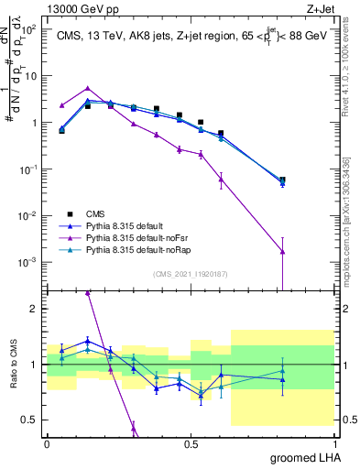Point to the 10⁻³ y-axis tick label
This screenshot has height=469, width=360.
[x=29, y=262]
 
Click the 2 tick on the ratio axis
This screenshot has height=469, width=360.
[x=35, y=309]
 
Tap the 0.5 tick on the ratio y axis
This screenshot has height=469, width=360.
[x=31, y=420]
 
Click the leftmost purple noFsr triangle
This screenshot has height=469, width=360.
[x=62, y=105]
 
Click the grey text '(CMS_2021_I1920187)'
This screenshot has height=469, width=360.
[x=191, y=273]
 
